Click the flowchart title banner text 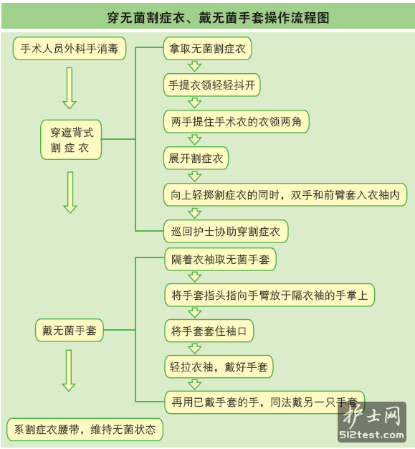tap(218, 18)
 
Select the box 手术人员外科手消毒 tap(70, 48)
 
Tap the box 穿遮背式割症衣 tap(71, 140)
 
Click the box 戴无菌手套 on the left tap(70, 330)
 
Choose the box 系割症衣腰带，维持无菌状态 tap(85, 430)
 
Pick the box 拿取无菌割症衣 tap(208, 48)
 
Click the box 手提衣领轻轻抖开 tap(211, 85)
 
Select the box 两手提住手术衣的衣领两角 tap(236, 122)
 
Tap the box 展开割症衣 tap(196, 159)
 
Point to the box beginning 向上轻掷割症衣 tap(285, 194)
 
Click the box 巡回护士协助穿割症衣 tap(226, 232)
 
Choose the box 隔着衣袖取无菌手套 tap(220, 260)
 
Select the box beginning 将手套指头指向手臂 tap(269, 296)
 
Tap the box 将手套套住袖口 tap(209, 331)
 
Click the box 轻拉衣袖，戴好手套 tap(219, 367)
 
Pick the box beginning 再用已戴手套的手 tap(264, 402)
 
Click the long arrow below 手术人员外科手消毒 tap(70, 88)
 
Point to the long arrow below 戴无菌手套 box tap(69, 371)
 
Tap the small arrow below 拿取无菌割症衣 tap(195, 67)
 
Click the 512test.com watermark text tap(371, 435)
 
